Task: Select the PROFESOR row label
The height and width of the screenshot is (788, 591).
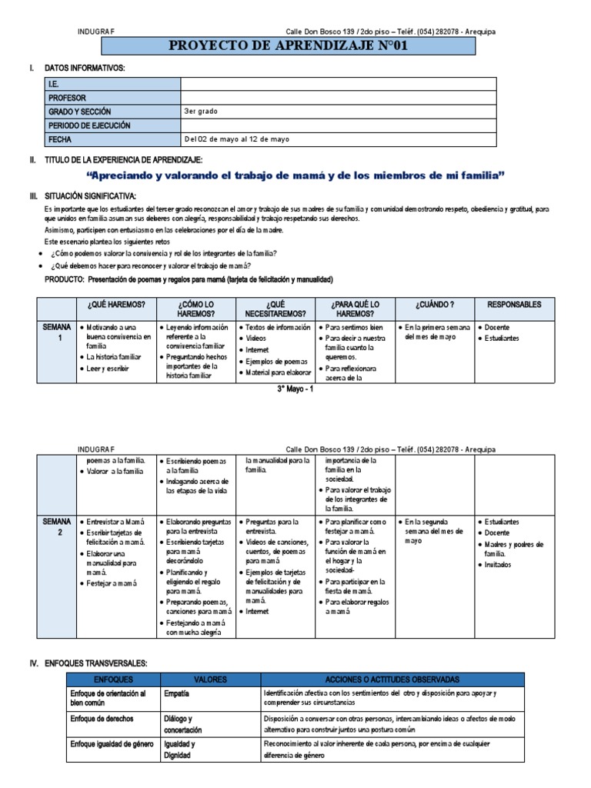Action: coord(68,98)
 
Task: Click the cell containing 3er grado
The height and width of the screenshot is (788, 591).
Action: coord(200,112)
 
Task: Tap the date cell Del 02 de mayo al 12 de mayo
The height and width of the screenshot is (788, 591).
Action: coord(236,139)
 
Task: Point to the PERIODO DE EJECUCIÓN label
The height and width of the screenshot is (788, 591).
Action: coord(89,125)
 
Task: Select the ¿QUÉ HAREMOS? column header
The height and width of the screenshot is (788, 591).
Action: coord(116,305)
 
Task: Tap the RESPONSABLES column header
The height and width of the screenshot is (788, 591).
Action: coord(514,305)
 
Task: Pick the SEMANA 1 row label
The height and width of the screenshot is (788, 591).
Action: coord(58,332)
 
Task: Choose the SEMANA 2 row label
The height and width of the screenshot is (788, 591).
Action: coord(58,526)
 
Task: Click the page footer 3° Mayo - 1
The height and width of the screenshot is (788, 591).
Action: coord(295,389)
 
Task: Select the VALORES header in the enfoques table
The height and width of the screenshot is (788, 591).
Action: coord(209,679)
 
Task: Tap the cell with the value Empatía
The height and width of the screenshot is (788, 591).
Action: coord(177,693)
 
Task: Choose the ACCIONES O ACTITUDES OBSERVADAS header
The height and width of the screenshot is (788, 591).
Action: coord(392,679)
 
